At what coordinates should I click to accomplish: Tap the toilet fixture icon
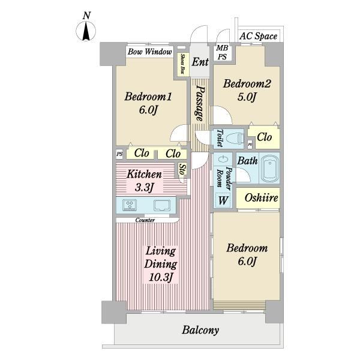[x=235, y=139]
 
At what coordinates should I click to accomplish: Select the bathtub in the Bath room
[x=269, y=167]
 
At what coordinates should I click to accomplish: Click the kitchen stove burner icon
[x=130, y=205]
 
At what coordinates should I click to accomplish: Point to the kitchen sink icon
[x=162, y=205]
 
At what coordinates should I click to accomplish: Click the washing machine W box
[x=223, y=200]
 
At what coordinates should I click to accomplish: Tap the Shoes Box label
[x=183, y=64]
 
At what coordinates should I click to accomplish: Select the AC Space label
[x=258, y=36]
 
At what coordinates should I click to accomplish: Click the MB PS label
[x=222, y=52]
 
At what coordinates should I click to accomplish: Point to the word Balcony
[x=200, y=330]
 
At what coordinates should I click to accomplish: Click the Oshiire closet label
[x=261, y=197]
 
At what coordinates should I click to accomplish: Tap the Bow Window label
[x=149, y=52]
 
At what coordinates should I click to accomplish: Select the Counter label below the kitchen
[x=145, y=220]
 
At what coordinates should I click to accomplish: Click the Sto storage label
[x=182, y=169]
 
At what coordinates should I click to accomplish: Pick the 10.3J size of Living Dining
[x=161, y=277]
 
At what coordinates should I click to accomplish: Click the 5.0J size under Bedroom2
[x=247, y=97]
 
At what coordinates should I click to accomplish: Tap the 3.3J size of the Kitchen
[x=144, y=188]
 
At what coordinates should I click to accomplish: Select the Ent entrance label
[x=200, y=62]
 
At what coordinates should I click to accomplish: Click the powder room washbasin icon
[x=222, y=159]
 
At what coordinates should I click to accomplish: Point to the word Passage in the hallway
[x=200, y=104]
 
